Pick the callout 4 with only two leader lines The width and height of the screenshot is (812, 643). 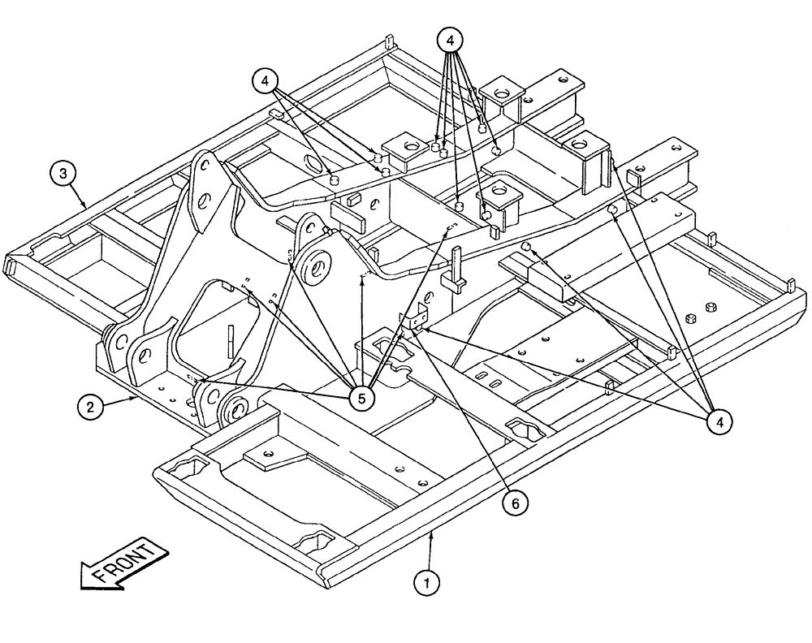coord(265,81)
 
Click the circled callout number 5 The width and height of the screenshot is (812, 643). coord(363,397)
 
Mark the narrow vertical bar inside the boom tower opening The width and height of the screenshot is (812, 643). coord(233,341)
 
